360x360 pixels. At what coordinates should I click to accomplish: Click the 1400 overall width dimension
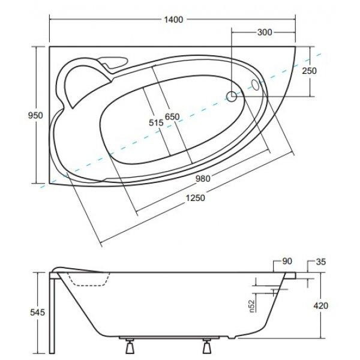173,20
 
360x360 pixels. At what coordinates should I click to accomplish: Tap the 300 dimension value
265,32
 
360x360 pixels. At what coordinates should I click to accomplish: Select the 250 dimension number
309,71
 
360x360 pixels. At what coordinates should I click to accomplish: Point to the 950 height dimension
35,115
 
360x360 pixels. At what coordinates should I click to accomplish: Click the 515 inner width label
156,123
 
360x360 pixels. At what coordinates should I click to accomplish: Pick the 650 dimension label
172,117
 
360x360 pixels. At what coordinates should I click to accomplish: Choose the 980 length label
203,178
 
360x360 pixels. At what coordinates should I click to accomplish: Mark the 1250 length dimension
195,197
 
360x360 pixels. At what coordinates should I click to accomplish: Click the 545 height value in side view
37,312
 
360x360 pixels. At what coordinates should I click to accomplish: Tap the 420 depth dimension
321,306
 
